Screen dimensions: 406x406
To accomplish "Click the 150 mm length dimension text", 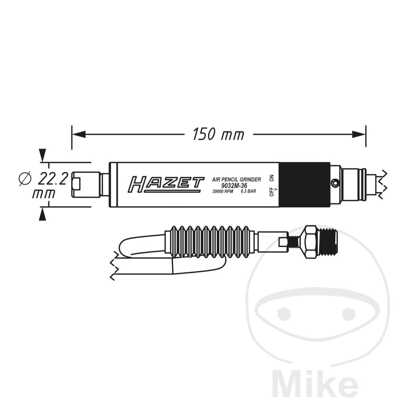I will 218,134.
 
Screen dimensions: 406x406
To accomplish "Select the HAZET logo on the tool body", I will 166,184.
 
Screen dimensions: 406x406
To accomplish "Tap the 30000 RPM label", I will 222,192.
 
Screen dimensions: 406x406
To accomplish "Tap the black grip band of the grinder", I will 304,185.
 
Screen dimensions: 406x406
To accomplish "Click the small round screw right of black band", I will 335,184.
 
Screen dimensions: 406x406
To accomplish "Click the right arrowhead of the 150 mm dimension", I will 359,134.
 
